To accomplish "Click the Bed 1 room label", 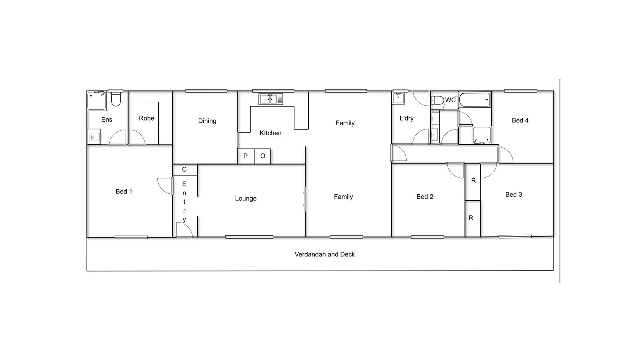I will pos(124,191).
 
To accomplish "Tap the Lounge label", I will pos(246,198).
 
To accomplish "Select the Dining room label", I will pos(207,121).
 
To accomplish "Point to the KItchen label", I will pos(270,133).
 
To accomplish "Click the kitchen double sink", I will pos(270,99).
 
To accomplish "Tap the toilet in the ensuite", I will pos(116,99).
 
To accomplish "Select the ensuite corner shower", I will pos(96,101).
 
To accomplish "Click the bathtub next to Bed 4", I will pos(474,100).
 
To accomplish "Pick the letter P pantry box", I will pos(246,156).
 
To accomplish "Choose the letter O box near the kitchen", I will pos(263,156).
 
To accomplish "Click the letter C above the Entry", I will pos(184,169).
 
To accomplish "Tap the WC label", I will pos(450,100).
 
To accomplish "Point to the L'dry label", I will pos(406,118).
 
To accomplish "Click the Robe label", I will pos(146,118).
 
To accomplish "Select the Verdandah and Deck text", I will pos(324,254).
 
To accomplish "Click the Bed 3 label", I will pos(513,194).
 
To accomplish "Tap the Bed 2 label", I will pos(425,197).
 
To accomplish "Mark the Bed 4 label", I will pos(520,120).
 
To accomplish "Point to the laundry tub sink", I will pos(398,98).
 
